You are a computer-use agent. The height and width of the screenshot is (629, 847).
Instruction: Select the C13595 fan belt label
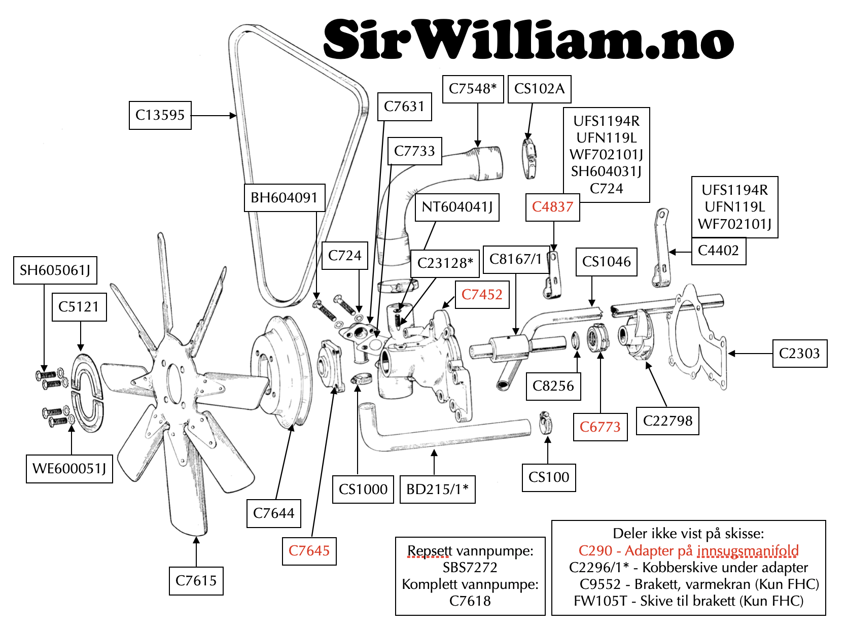pyautogui.click(x=160, y=115)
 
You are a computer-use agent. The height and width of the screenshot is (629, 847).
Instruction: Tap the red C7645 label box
pyautogui.click(x=309, y=551)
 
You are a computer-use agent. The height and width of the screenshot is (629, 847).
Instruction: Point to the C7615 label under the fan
pyautogui.click(x=196, y=580)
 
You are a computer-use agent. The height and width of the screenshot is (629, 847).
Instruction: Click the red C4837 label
pyautogui.click(x=552, y=207)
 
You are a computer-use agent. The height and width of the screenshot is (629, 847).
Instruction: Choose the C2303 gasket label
pyautogui.click(x=799, y=353)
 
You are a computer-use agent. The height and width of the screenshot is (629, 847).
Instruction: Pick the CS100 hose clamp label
pyautogui.click(x=549, y=477)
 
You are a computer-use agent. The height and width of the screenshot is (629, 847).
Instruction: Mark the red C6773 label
pyautogui.click(x=600, y=427)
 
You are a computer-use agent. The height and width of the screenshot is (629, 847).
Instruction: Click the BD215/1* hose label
pyautogui.click(x=437, y=489)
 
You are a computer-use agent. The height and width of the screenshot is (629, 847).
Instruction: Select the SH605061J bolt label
pyautogui.click(x=55, y=270)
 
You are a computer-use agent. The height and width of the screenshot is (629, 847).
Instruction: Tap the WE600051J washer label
pyautogui.click(x=69, y=468)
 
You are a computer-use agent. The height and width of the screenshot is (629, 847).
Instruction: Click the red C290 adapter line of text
pyautogui.click(x=688, y=551)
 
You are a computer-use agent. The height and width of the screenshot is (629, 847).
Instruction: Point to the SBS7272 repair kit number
pyautogui.click(x=470, y=568)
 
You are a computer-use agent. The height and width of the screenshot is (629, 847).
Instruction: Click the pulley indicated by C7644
pyautogui.click(x=281, y=370)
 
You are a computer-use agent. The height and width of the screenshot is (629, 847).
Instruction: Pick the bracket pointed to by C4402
pyautogui.click(x=660, y=249)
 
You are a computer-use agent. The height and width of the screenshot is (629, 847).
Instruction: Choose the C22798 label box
pyautogui.click(x=667, y=421)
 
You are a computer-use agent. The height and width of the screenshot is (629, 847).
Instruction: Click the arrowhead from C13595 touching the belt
pyautogui.click(x=234, y=116)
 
